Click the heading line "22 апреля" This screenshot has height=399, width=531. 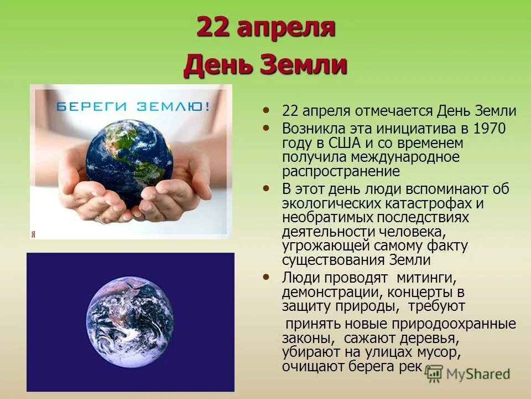coord(265,28)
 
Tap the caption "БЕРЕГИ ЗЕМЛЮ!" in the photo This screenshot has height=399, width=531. coord(133,106)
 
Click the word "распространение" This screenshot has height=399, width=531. coord(341,172)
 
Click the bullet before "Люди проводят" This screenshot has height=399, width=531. coord(268,275)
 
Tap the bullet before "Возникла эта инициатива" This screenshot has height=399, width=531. coord(268,127)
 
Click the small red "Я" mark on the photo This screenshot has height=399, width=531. coord(33,234)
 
